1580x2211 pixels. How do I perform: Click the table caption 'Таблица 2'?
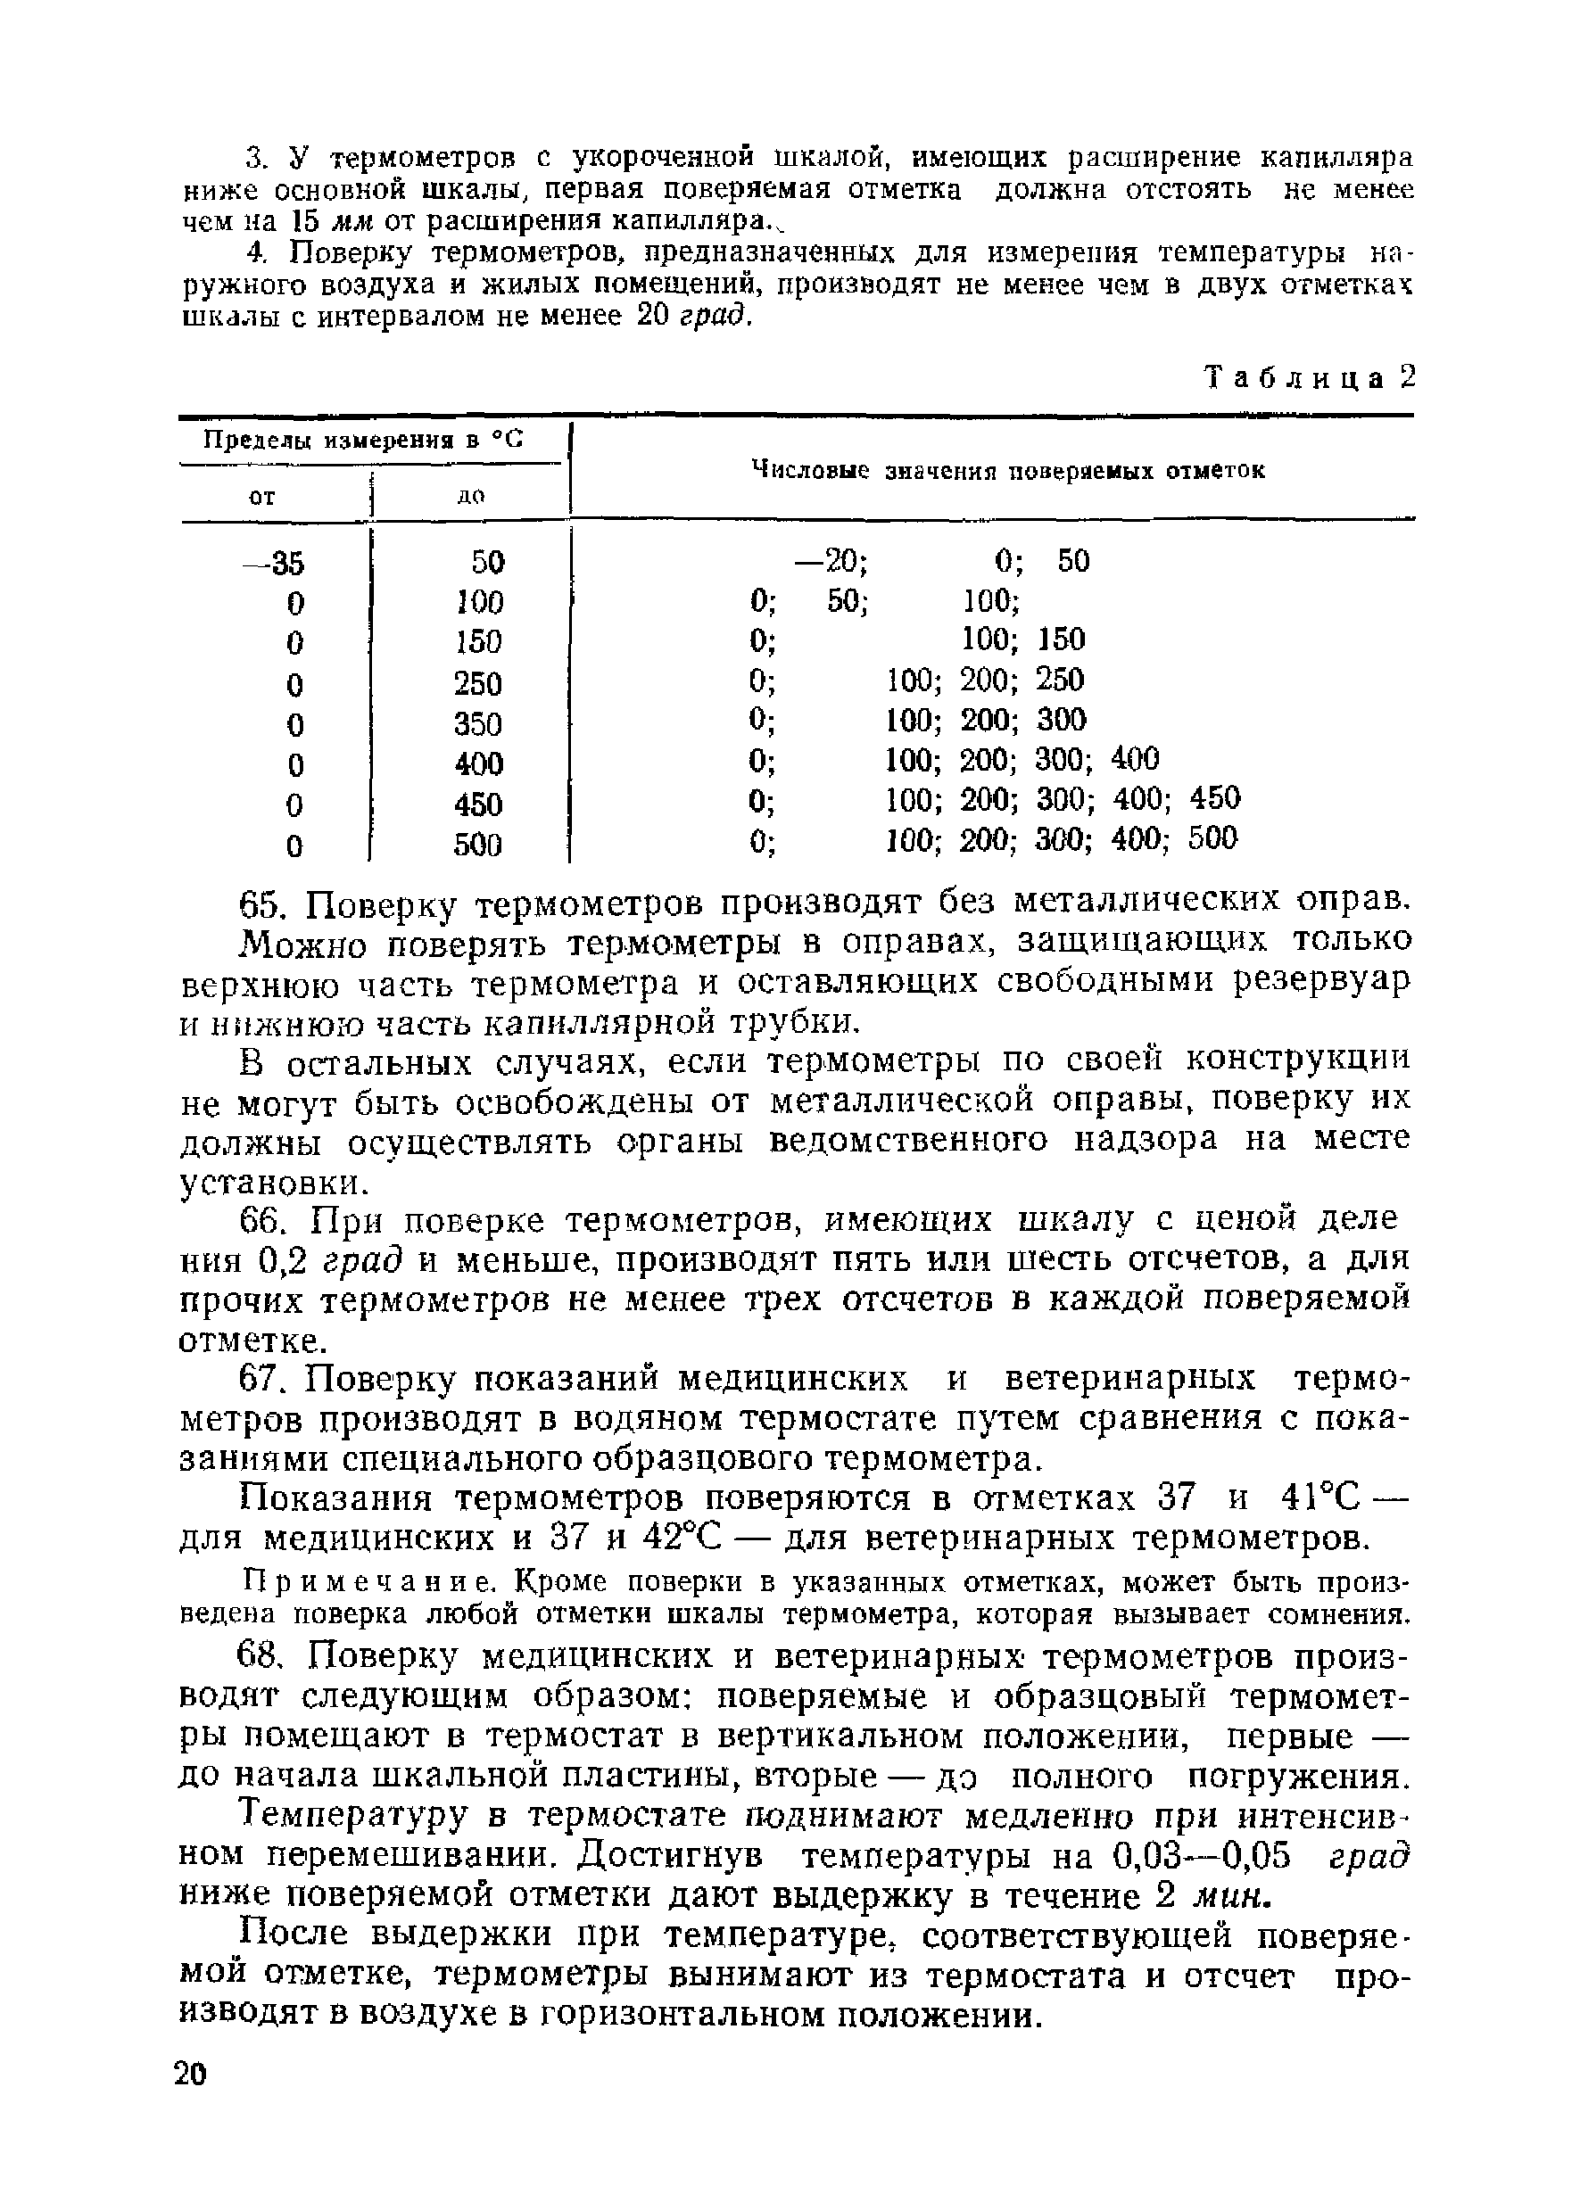1309,377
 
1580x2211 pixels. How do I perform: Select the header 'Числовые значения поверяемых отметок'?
1009,471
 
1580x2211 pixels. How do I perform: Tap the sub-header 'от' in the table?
261,497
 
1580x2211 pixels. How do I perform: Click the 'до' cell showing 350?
477,723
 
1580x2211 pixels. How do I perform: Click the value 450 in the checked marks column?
1214,798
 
